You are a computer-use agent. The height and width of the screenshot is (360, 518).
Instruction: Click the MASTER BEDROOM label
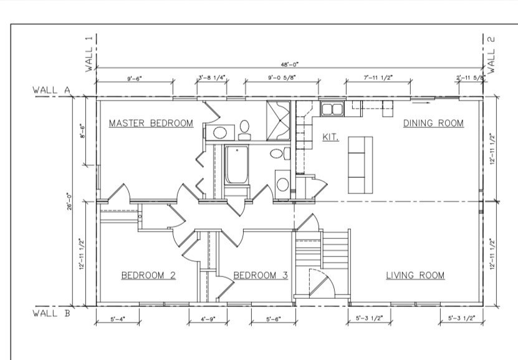(151, 124)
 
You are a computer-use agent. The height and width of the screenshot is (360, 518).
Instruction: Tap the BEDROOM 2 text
(148, 275)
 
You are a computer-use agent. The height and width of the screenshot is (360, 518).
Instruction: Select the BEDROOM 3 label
(261, 275)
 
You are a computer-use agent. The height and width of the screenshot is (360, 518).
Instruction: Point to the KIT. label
(330, 137)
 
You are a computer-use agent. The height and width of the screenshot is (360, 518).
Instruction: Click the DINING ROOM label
(433, 124)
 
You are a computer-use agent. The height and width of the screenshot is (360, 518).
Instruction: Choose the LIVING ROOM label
(415, 275)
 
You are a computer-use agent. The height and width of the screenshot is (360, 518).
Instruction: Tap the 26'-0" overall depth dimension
(70, 204)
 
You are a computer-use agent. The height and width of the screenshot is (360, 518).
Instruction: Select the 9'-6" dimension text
(135, 79)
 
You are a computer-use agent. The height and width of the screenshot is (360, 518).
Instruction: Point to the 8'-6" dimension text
(83, 132)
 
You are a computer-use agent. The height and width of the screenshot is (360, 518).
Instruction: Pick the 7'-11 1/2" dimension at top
(378, 79)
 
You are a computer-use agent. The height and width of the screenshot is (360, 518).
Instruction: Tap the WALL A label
(51, 90)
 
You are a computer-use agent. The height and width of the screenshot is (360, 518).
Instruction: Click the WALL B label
(51, 313)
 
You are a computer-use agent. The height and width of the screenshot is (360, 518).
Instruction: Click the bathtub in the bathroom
(236, 165)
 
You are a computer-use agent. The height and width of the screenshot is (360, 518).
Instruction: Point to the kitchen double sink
(332, 110)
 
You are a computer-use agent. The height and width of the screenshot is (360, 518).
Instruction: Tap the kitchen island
(360, 165)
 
